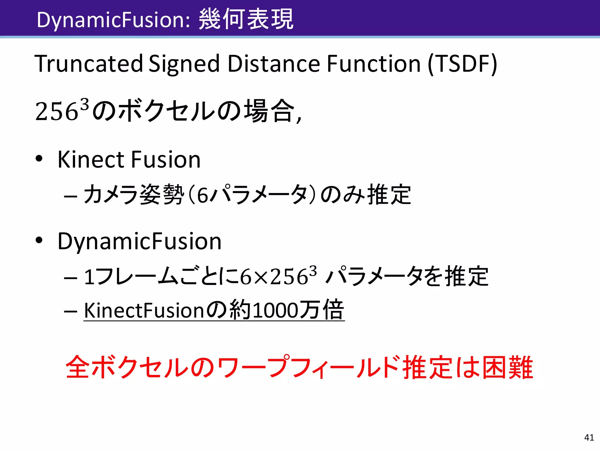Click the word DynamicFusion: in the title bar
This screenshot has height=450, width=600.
[x=114, y=20]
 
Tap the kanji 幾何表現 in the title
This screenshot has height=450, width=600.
[x=246, y=19]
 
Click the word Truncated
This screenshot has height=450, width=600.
[x=89, y=64]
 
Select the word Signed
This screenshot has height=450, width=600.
[x=184, y=64]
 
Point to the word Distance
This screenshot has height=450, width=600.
[x=274, y=64]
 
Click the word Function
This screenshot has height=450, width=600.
[x=374, y=64]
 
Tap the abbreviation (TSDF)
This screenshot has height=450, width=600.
[x=462, y=64]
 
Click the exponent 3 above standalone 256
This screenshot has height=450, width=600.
[x=84, y=104]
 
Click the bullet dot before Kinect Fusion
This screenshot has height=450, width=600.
[x=39, y=158]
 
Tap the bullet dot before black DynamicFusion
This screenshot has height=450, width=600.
[x=39, y=240]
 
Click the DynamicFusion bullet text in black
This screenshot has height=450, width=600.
[x=139, y=241]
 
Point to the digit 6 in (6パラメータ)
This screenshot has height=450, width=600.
[x=202, y=196]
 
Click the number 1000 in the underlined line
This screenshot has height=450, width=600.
[x=275, y=311]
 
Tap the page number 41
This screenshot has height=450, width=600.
[x=589, y=437]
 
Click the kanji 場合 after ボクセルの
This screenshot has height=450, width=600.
[x=269, y=111]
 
